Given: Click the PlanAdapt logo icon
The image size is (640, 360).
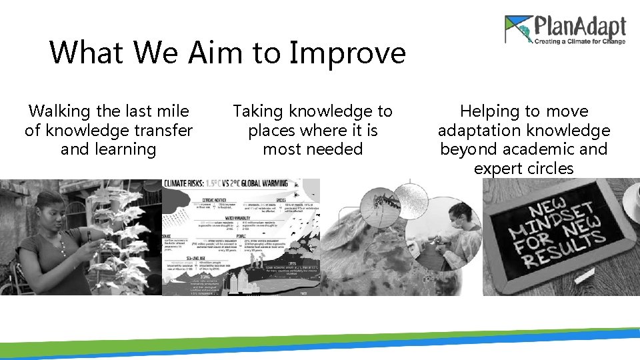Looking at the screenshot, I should (519, 30).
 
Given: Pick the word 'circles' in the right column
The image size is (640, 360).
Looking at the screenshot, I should (548, 169).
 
